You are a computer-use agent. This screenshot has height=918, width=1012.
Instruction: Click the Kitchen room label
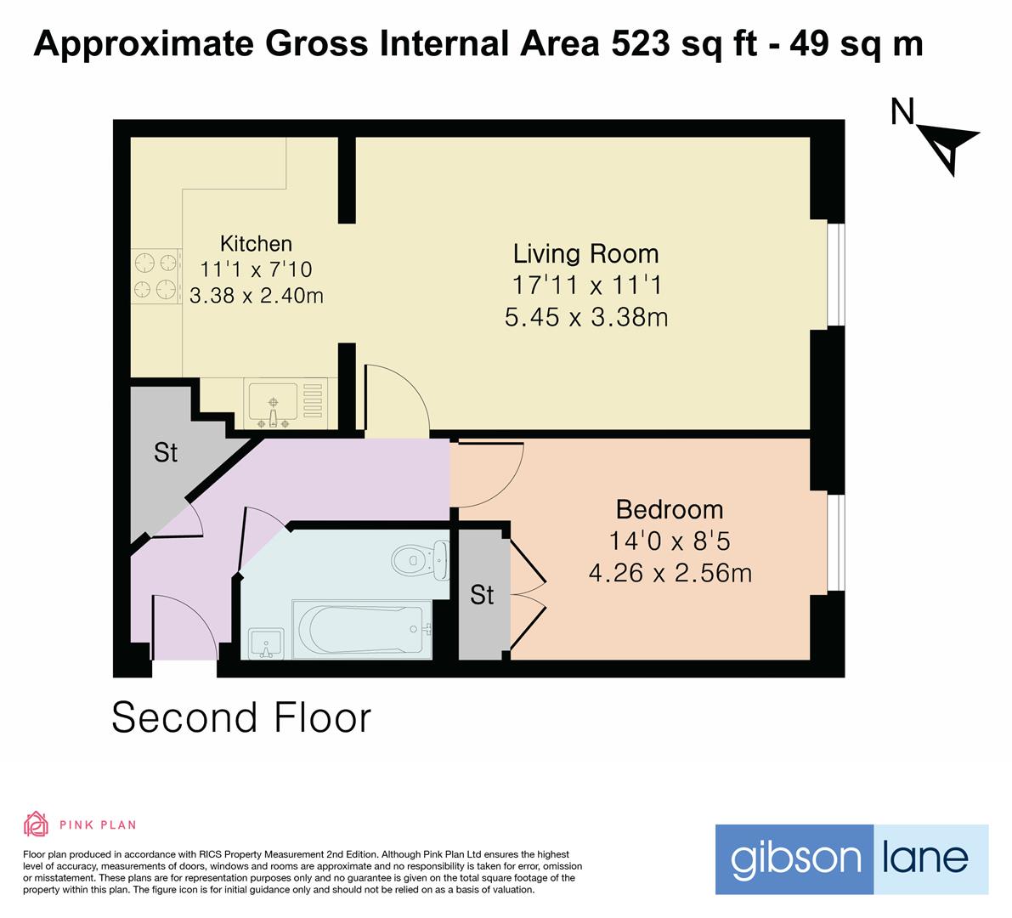[257, 243]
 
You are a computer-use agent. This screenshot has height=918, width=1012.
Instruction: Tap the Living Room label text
[586, 253]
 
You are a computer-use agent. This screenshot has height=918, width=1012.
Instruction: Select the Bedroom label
[670, 509]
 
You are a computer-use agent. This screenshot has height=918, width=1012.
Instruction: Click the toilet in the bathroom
[420, 558]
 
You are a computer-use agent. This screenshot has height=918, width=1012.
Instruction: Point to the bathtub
[362, 630]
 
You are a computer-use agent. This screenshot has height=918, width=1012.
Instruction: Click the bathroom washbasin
[265, 643]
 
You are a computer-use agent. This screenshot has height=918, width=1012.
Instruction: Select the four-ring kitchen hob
[155, 276]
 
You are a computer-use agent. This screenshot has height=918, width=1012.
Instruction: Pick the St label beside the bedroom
[482, 594]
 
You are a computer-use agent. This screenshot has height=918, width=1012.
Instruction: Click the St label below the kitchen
[165, 452]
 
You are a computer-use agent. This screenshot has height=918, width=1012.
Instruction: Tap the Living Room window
[836, 275]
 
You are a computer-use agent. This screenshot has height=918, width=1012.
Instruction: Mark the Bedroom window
[836, 542]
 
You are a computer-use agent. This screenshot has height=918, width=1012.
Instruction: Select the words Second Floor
[241, 717]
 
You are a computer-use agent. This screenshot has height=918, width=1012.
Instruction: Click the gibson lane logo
[852, 859]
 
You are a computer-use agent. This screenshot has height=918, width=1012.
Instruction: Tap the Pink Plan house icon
[36, 824]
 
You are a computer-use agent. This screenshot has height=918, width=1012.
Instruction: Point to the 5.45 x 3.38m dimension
[586, 317]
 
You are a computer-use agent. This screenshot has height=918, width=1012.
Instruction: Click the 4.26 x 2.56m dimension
[670, 573]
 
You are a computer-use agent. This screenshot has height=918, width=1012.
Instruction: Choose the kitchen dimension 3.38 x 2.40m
[257, 295]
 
